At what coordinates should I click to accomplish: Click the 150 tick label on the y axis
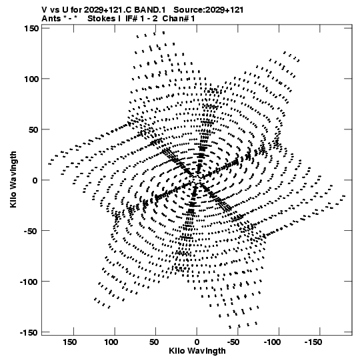click(x=31, y=28)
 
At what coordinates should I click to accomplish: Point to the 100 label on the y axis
click(x=31, y=79)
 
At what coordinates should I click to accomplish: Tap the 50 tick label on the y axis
click(x=33, y=129)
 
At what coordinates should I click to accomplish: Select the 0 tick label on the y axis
click(x=35, y=180)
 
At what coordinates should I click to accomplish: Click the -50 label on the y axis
click(x=31, y=231)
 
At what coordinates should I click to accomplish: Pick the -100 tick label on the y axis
click(x=29, y=282)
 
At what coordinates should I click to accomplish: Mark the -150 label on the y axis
click(x=29, y=332)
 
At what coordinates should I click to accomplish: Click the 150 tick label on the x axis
click(x=70, y=342)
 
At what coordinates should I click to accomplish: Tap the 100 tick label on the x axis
click(x=111, y=342)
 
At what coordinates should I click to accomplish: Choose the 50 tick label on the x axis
click(x=154, y=342)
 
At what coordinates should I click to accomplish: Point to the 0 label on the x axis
click(x=197, y=342)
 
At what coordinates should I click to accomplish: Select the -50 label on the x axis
click(x=233, y=342)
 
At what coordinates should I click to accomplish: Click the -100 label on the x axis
click(x=273, y=342)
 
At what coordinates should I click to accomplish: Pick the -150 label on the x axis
click(x=313, y=342)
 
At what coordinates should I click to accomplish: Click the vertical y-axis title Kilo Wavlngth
click(x=13, y=179)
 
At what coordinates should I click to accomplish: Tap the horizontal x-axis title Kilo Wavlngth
click(x=197, y=351)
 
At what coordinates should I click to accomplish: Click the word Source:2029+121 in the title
click(x=209, y=10)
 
